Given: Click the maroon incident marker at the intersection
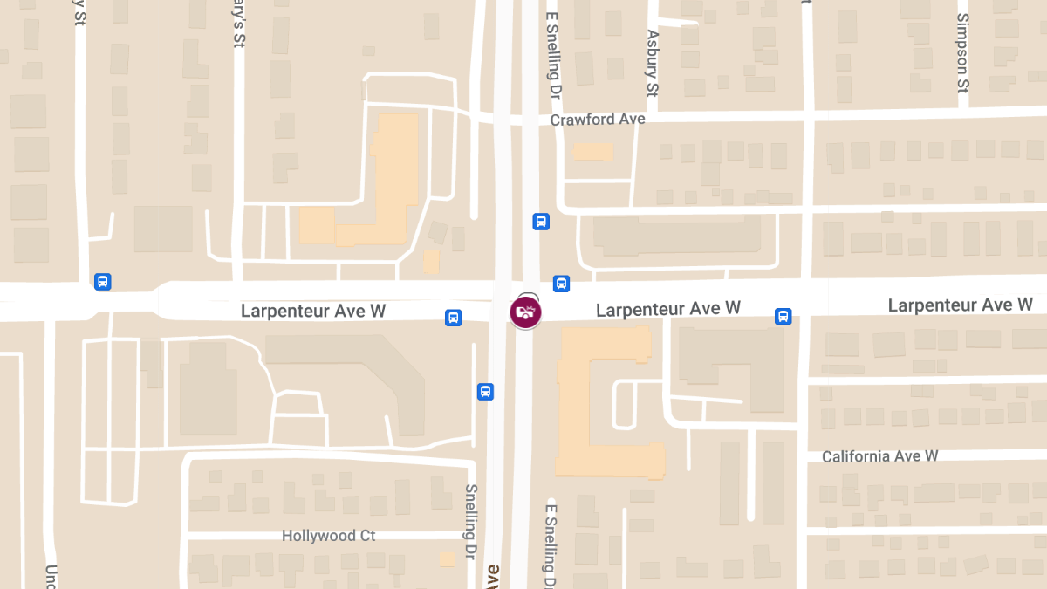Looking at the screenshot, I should [x=525, y=312].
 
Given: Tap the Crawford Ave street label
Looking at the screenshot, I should [x=598, y=120].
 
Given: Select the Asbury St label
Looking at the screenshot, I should [x=652, y=64].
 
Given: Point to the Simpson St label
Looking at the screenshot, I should [x=962, y=52].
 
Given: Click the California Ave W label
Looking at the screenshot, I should [x=879, y=456].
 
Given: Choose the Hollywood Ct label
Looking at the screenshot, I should [x=328, y=536].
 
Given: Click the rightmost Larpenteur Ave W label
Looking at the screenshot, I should [x=960, y=305].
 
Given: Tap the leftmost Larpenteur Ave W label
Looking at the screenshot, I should [x=313, y=311].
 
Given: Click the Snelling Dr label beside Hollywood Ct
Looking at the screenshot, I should [x=470, y=522].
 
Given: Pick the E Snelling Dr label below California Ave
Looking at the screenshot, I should [x=551, y=545].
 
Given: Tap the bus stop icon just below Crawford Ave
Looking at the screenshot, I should [x=541, y=222].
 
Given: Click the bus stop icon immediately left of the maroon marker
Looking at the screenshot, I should [x=454, y=318].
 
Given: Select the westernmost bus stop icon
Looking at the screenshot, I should [x=103, y=282].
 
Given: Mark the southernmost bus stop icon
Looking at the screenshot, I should [x=486, y=392].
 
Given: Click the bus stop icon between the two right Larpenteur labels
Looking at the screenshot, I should [x=784, y=317].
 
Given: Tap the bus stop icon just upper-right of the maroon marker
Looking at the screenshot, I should [x=561, y=284].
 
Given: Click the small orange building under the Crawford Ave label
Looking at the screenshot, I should [x=593, y=152].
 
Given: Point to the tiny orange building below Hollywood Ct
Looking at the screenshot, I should [x=447, y=559].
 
